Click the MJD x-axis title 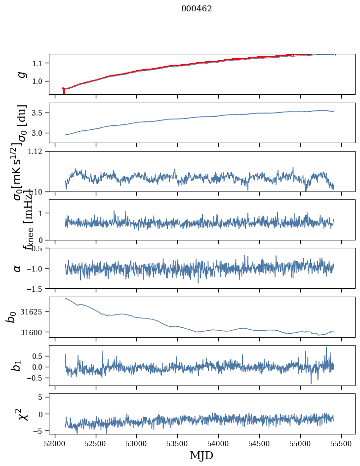point(201,455)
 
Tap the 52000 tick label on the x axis point(55,443)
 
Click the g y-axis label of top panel point(21,74)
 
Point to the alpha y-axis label point(18,268)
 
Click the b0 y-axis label point(11,317)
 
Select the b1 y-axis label point(18,365)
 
